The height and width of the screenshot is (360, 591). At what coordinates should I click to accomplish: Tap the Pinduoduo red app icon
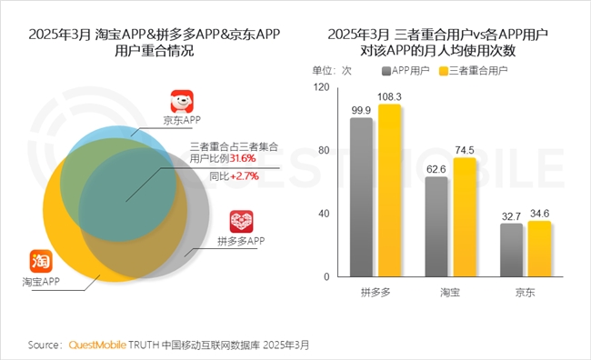click(x=241, y=221)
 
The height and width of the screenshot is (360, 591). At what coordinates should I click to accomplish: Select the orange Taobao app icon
click(x=41, y=260)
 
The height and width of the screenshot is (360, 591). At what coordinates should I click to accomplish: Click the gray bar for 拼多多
click(x=361, y=197)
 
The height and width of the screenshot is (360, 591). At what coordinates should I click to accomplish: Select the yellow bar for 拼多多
click(x=389, y=191)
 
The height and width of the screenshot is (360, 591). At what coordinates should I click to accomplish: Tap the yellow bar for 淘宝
click(x=465, y=217)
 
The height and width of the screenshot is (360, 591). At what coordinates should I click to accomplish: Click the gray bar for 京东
click(x=512, y=251)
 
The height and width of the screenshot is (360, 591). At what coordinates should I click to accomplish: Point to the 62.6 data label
click(x=436, y=168)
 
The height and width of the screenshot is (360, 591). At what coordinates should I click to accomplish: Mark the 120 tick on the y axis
click(x=319, y=87)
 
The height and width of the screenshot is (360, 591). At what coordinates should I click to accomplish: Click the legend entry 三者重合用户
click(x=481, y=69)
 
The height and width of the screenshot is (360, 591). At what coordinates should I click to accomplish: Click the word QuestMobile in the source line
click(x=95, y=345)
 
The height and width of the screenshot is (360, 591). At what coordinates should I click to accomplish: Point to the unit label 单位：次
click(x=333, y=69)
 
